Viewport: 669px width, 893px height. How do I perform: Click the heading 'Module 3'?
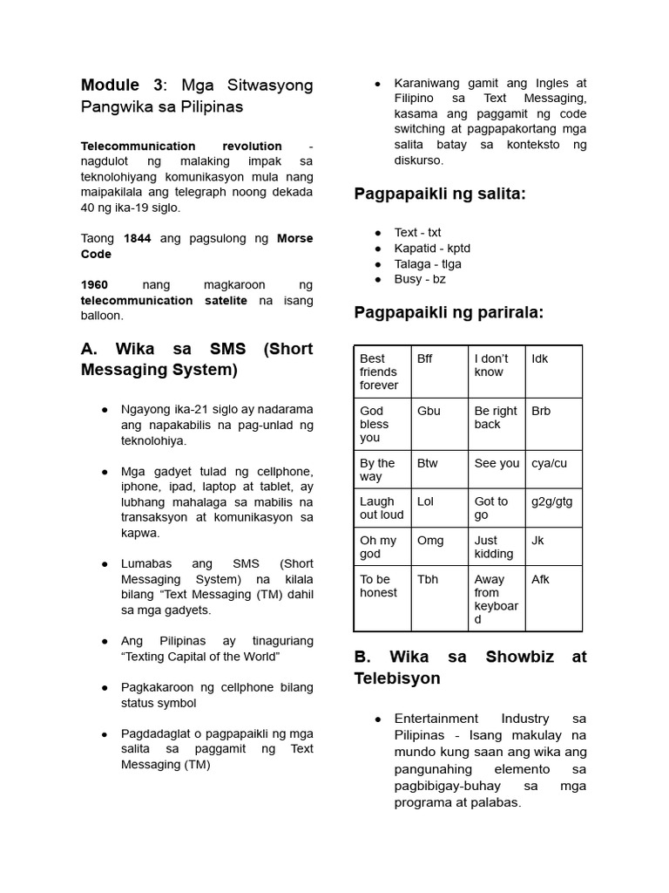121,85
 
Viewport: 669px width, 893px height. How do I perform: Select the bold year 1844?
138,239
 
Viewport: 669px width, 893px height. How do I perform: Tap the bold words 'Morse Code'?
294,239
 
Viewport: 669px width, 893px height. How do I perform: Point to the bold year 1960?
94,285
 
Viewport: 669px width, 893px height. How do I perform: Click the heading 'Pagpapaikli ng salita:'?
440,194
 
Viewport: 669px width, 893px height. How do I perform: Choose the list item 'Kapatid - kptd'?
432,249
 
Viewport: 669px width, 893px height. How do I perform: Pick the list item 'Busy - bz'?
420,280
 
